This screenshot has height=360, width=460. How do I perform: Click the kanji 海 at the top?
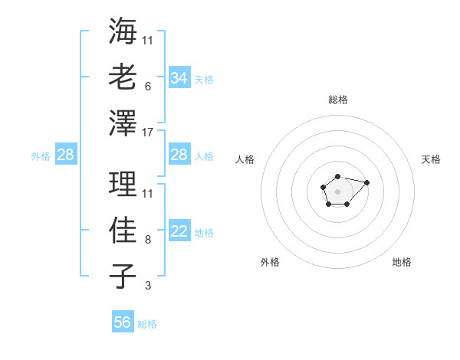(123, 31)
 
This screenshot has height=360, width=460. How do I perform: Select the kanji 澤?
(123, 122)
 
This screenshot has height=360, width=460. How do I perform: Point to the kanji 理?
(123, 184)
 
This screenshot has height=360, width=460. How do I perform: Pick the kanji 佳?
(123, 230)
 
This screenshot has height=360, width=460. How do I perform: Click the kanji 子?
(123, 276)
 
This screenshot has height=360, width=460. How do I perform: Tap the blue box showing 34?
(179, 78)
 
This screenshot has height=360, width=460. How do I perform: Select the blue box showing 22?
(179, 232)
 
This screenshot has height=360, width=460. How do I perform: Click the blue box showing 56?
(123, 322)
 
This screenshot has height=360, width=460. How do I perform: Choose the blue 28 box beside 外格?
(66, 155)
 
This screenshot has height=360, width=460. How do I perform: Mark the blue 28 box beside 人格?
(179, 155)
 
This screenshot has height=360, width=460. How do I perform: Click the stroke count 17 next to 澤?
(148, 133)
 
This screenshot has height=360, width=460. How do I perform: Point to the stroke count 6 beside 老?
(147, 87)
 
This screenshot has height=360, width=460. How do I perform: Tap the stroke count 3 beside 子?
(147, 286)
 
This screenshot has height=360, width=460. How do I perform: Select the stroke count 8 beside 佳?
(147, 240)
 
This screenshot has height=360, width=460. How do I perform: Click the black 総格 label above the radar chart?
(337, 100)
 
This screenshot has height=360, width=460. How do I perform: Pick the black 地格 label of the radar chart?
(402, 263)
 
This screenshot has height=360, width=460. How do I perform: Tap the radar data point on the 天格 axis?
(366, 182)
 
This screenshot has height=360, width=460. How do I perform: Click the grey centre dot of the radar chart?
(337, 190)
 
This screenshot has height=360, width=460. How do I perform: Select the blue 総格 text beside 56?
(147, 324)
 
